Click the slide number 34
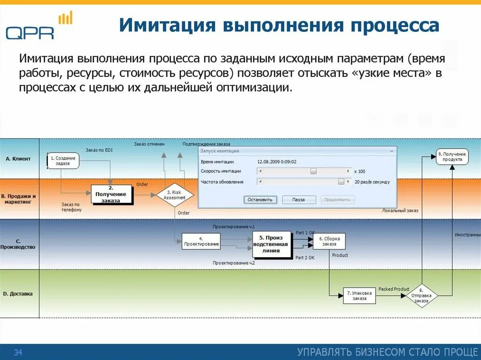click(18, 352)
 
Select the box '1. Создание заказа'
click(63, 161)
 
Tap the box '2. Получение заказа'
click(111, 194)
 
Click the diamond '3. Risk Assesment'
click(175, 195)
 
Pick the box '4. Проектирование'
click(201, 241)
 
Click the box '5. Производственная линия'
click(271, 244)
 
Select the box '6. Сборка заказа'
click(329, 241)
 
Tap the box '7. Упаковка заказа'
click(359, 296)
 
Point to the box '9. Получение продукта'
click(452, 157)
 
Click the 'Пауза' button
click(298, 199)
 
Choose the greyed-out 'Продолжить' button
click(338, 199)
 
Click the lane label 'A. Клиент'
click(18, 159)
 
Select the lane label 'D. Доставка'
click(18, 294)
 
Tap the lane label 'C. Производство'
click(18, 244)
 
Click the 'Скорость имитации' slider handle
click(313, 171)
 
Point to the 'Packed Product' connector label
click(394, 289)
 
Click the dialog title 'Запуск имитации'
click(220, 151)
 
